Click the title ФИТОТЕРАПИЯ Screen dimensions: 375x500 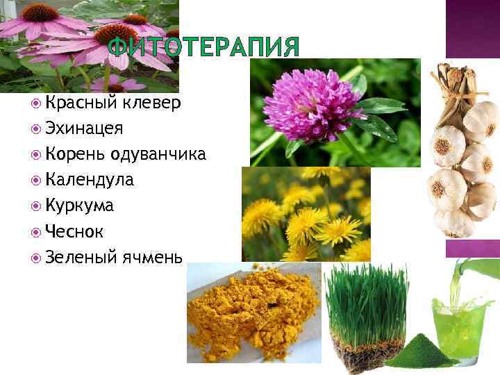[204, 48]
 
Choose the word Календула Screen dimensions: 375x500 [90, 181]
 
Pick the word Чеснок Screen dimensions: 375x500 [76, 232]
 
